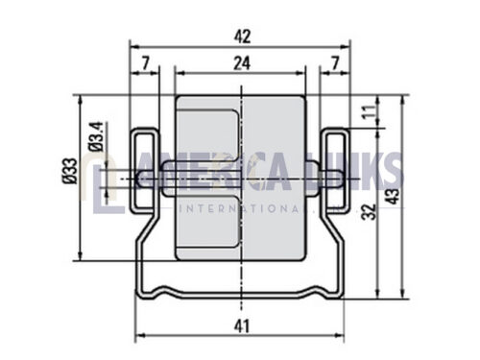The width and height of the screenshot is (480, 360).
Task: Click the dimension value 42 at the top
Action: pyautogui.click(x=242, y=36)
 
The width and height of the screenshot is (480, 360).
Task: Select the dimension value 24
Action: pyautogui.click(x=242, y=63)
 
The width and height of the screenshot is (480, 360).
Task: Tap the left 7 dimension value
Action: pyautogui.click(x=146, y=63)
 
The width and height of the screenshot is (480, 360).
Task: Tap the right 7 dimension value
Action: pyautogui.click(x=335, y=63)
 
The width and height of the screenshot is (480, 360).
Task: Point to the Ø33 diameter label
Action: pyautogui.click(x=70, y=171)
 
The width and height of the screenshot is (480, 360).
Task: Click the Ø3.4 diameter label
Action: pyautogui.click(x=96, y=136)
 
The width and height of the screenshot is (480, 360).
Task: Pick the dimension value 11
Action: pyautogui.click(x=370, y=111)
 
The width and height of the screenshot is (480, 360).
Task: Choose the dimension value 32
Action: pyautogui.click(x=369, y=212)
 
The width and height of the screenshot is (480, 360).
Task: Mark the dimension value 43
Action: pyautogui.click(x=393, y=196)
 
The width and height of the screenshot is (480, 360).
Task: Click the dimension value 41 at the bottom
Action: pyautogui.click(x=242, y=326)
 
